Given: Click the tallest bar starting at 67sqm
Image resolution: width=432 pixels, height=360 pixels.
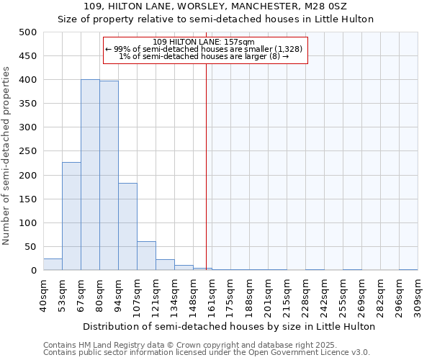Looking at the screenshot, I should (x=90, y=175).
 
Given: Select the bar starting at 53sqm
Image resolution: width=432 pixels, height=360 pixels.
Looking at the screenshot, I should (x=71, y=216).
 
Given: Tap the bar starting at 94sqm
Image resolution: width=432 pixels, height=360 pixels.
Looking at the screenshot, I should (x=127, y=227).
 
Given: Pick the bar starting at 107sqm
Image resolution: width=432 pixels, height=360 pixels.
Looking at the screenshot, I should (x=146, y=256).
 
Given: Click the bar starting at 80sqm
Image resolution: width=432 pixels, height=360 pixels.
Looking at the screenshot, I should (x=109, y=176).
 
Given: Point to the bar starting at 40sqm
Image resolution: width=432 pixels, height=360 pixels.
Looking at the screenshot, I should (x=53, y=264).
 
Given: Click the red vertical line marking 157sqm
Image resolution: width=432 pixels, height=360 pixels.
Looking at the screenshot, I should (x=207, y=158).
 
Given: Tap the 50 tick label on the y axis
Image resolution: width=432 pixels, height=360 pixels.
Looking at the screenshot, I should (x=30, y=247).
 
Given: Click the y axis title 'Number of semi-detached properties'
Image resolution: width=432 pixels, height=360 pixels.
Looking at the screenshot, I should (x=7, y=156).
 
